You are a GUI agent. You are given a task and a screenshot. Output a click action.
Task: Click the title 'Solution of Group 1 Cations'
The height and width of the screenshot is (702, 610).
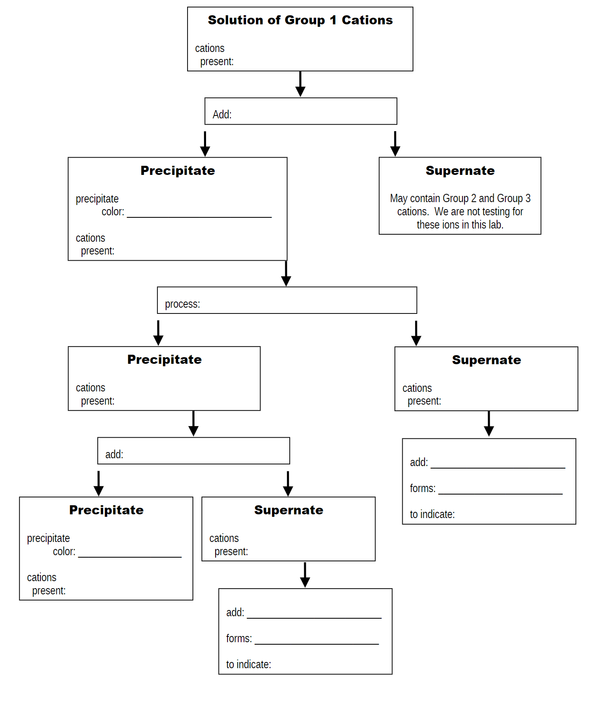point(300,20)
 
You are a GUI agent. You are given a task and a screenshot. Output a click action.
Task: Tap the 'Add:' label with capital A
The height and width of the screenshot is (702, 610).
point(222,115)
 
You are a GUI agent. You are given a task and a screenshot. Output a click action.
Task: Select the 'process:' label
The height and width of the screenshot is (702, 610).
point(182,304)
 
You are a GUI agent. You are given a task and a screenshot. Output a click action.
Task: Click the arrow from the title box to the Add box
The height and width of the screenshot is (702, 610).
point(300,84)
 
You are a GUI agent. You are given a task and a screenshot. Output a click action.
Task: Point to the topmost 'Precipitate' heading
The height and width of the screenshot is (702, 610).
point(178,171)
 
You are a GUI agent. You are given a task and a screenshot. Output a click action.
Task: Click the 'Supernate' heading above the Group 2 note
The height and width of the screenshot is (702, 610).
point(460,171)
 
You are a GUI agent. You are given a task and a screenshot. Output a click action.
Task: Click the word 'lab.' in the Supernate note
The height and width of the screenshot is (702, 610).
point(496,225)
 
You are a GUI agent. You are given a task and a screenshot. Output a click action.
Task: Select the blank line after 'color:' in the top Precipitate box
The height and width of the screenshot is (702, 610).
point(199,216)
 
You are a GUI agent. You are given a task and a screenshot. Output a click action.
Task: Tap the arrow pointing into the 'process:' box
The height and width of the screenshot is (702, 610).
point(286,274)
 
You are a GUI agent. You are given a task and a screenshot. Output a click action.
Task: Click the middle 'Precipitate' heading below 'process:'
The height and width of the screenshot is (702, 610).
point(164,360)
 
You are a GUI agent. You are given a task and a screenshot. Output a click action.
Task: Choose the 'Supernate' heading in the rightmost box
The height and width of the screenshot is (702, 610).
point(486,360)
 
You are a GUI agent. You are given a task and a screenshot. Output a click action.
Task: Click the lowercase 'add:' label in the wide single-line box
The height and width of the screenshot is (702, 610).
point(114,455)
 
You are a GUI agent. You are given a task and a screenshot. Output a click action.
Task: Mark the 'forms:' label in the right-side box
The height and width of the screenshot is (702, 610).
point(422,488)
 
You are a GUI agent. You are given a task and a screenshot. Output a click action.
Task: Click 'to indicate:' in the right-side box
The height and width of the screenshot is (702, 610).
point(432,514)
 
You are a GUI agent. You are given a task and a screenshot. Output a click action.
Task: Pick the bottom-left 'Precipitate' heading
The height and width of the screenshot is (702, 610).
point(106,510)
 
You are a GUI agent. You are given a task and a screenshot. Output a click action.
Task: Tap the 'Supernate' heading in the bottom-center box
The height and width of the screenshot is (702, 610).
point(289,510)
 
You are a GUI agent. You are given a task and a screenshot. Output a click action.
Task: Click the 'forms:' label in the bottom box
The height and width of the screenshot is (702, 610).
point(239,638)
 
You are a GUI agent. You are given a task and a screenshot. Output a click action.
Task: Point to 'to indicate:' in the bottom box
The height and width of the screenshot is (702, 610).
point(248,664)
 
